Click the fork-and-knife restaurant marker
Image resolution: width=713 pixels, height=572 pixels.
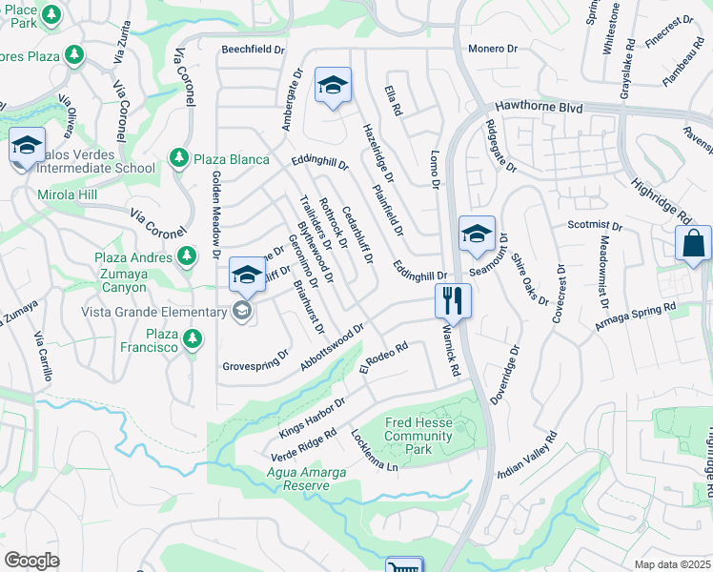tap(454, 301)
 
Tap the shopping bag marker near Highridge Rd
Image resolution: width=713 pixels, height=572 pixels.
tap(693, 243)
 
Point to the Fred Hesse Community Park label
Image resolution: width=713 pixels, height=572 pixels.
tap(418, 436)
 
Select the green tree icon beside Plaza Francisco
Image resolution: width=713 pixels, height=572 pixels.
tap(193, 337)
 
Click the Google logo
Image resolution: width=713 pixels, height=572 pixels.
tap(31, 560)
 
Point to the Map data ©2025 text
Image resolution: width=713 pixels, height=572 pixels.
tap(673, 564)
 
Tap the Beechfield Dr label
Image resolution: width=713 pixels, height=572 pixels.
tap(254, 49)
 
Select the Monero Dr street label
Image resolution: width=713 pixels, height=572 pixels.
tap(492, 49)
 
